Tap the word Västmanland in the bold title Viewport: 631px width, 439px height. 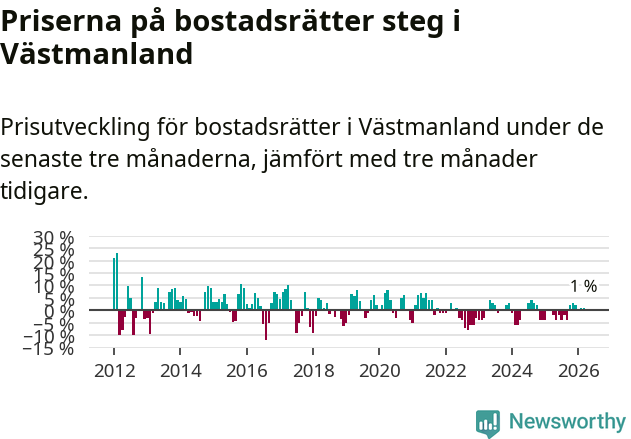tap(96, 54)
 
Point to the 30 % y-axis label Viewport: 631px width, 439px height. tap(54, 238)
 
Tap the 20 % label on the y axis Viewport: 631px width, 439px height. tap(54, 262)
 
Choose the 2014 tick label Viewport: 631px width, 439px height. tap(181, 370)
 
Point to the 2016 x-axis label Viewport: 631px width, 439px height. tap(247, 370)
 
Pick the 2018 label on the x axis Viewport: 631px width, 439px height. tap(313, 370)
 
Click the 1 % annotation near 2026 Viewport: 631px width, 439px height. tap(583, 286)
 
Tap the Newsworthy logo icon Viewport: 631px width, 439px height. tap(488, 422)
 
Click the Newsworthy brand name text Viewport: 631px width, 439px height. tap(567, 422)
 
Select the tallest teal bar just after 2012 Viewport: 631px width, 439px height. tap(117, 281)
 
